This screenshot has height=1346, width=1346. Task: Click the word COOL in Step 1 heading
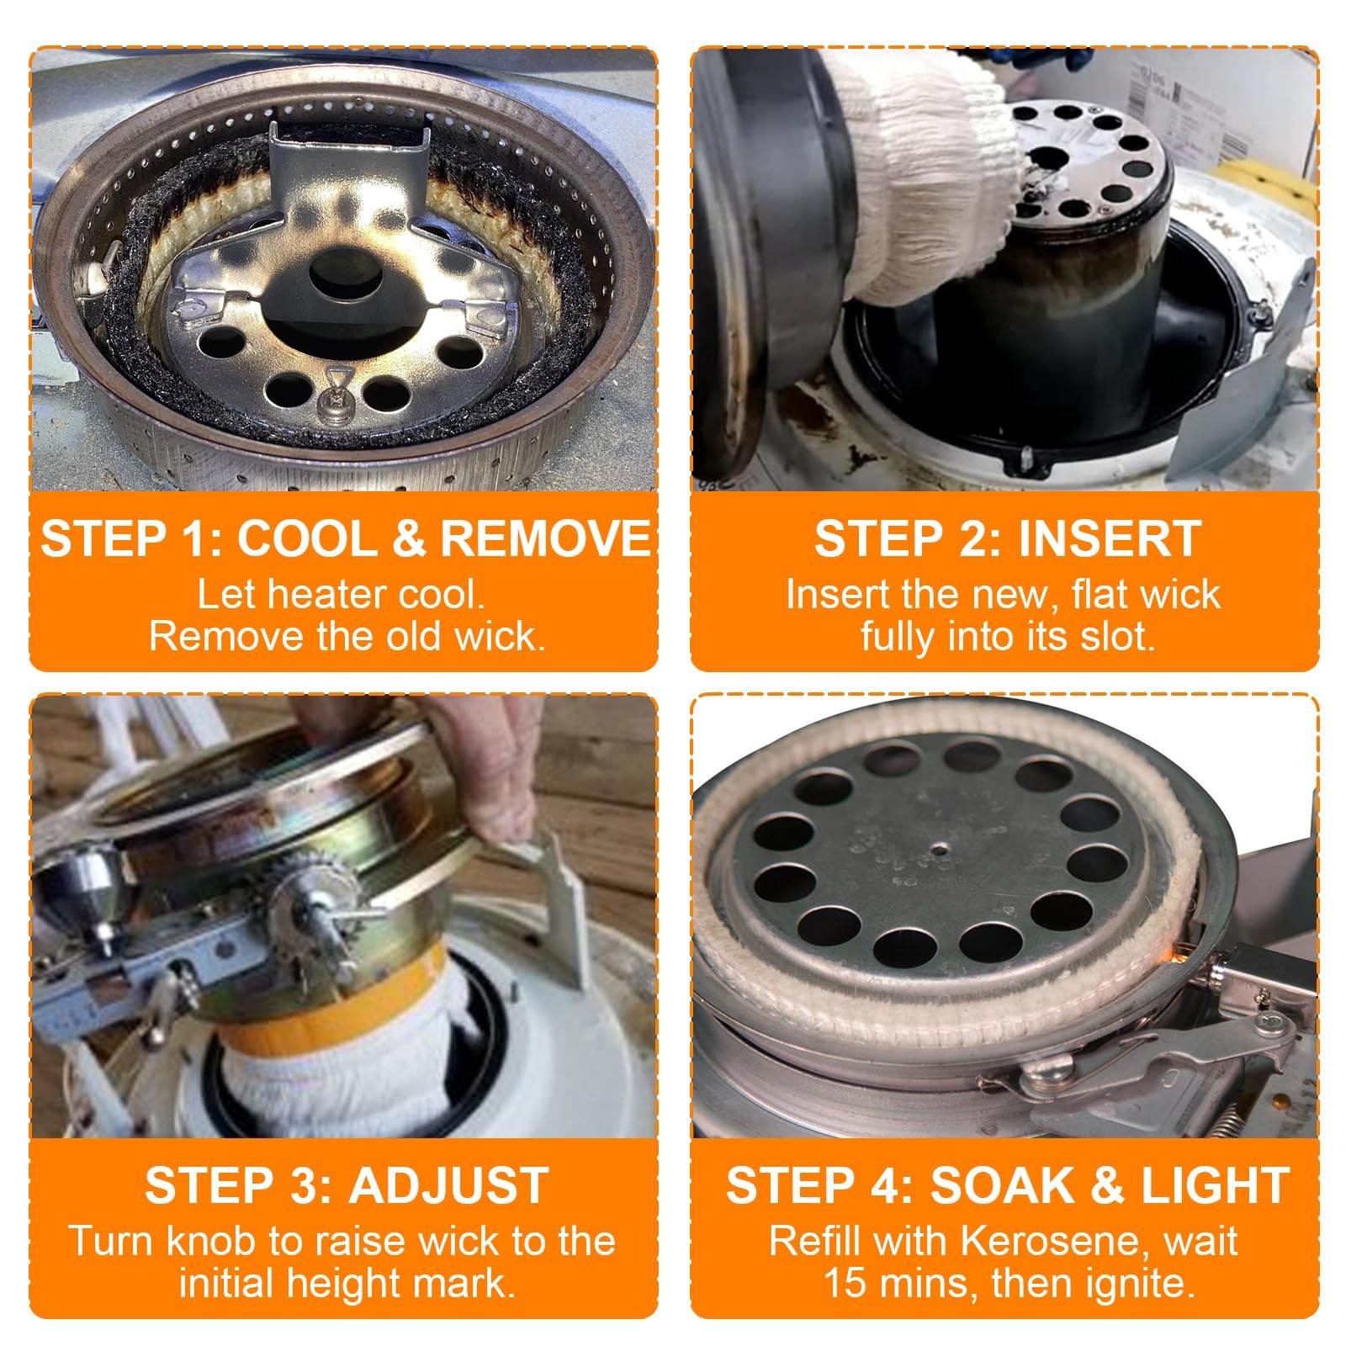click(x=307, y=538)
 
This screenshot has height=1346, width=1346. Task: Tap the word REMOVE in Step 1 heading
click(x=545, y=538)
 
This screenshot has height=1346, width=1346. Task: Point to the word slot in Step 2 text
click(x=1122, y=637)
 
